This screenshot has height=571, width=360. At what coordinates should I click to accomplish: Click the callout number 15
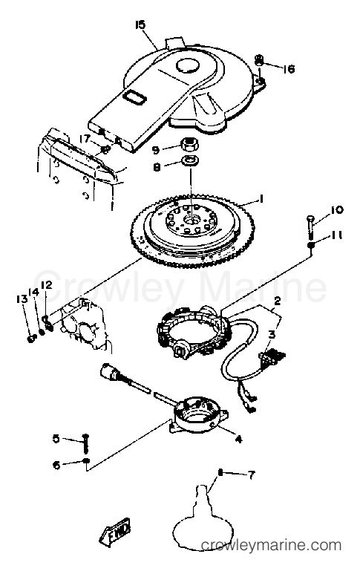point(140,25)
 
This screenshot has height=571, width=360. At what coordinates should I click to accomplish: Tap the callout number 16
point(289,69)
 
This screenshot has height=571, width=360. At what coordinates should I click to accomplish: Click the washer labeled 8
point(189,160)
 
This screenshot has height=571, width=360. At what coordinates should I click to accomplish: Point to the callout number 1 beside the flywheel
point(261,198)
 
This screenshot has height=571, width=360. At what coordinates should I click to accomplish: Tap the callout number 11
point(337,236)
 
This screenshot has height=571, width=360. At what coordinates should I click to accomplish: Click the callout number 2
point(278,301)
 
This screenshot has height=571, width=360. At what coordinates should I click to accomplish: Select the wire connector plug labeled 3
point(272,355)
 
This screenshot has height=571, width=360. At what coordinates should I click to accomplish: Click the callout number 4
point(238,440)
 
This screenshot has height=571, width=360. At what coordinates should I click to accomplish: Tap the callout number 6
point(56,465)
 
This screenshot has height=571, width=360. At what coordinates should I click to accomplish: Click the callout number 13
point(22,299)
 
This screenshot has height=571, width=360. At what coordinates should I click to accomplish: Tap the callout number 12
point(47,285)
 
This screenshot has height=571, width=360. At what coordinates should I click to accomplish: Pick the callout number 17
point(85,139)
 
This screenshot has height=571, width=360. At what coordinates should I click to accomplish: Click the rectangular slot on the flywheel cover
point(134,97)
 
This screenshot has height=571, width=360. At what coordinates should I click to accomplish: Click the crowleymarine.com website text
point(271,545)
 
